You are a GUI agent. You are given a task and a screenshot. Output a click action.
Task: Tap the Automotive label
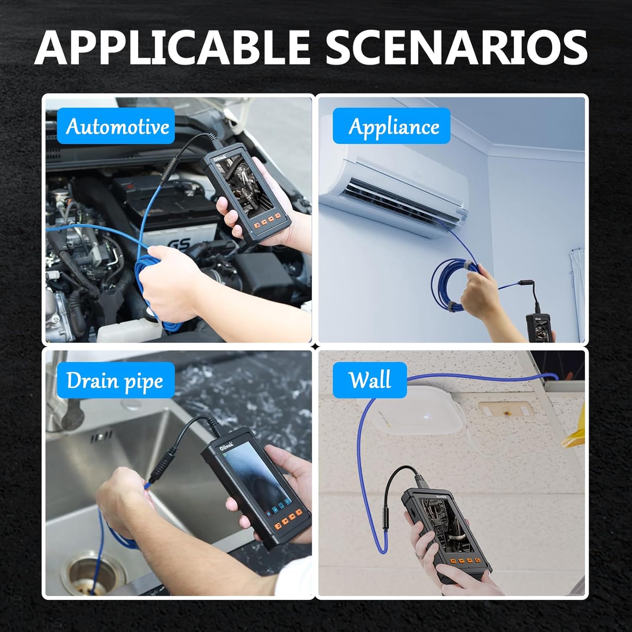116,126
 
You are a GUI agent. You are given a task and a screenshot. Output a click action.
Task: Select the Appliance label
391,126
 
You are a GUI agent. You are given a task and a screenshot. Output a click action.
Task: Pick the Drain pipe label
115,380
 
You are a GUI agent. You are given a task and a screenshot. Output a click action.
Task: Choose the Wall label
370,380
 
